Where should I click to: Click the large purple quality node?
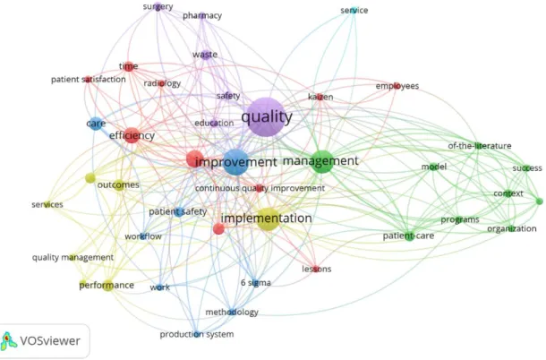266,117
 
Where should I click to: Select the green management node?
322,162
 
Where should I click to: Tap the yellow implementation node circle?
269,219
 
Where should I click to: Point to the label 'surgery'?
158,6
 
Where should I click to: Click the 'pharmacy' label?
202,16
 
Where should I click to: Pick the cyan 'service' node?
354,10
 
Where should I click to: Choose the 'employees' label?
397,86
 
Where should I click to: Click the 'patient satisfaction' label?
89,80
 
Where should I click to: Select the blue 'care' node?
96,124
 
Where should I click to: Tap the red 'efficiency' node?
132,135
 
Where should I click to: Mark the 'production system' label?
197,334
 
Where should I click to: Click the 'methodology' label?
232,312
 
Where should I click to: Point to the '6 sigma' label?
256,283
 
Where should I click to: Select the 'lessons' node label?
317,269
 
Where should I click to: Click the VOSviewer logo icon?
8,340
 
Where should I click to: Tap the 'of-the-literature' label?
480,146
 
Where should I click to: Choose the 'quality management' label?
73,258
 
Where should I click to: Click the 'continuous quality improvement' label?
260,188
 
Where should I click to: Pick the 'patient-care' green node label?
408,236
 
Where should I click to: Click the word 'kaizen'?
320,97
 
